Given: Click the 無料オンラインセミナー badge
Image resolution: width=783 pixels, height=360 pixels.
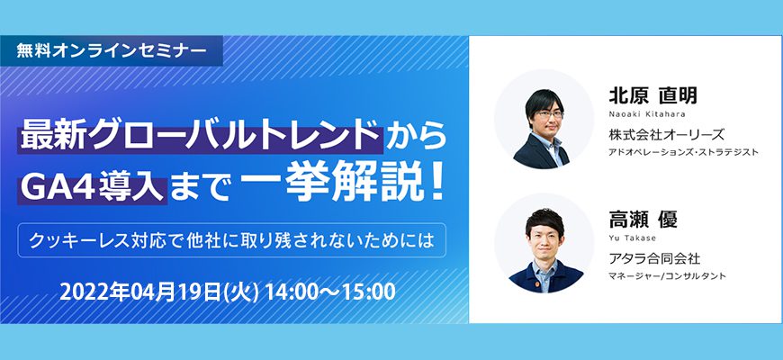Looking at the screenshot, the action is (112, 51).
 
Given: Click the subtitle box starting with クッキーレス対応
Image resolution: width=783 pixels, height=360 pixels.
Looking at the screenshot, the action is (231, 240).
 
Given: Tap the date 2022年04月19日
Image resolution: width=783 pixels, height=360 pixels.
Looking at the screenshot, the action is (139, 292).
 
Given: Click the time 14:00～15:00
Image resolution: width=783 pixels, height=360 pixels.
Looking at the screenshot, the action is (330, 292).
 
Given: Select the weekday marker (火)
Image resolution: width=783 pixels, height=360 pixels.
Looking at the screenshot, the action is (242, 292).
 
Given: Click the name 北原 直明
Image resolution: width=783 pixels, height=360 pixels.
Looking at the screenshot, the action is (652, 95).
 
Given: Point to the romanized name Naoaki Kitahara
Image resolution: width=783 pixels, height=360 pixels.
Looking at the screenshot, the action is (647, 113).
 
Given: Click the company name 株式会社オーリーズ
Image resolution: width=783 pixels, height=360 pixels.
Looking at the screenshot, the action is (666, 134).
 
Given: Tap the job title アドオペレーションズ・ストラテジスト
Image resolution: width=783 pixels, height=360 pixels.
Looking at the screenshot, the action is (683, 152).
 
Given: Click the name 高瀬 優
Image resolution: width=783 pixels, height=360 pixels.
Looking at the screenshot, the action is (643, 220).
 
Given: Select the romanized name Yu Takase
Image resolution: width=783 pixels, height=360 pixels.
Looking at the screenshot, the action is (632, 238).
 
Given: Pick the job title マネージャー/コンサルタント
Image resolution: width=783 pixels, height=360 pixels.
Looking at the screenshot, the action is (667, 276).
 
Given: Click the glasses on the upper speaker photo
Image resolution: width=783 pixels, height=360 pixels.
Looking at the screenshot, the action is (547, 114).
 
